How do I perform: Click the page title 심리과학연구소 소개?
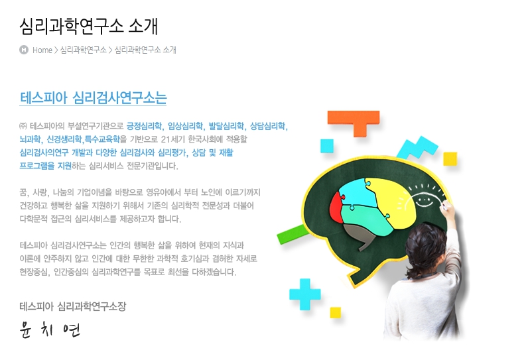pos(88,27)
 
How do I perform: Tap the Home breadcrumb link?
pos(42,50)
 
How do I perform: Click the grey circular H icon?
pos(24,50)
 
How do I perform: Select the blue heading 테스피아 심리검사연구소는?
pos(94,97)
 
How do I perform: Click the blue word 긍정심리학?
pos(144,126)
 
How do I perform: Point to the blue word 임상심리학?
pos(186,126)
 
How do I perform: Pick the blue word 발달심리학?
pos(226,126)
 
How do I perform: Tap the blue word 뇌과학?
pos(30,139)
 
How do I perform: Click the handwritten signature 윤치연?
pos(50,329)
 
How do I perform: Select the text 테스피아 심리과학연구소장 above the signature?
pos(72,306)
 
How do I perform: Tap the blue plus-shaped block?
pos(304,294)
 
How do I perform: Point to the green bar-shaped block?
pos(292,234)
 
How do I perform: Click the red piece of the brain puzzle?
pos(336,208)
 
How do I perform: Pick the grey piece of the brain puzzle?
pos(360,235)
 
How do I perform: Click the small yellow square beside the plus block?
pos(335,312)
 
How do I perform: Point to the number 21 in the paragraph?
pos(165,139)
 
